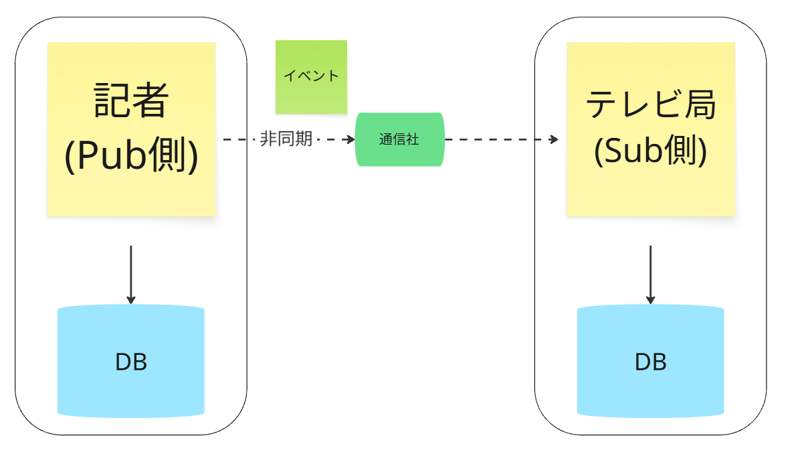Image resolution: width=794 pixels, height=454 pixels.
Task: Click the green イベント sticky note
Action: pos(311,76)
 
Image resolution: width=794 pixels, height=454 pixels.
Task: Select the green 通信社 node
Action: pos(399,139)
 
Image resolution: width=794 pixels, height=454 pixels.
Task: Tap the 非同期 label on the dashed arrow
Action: pos(286,139)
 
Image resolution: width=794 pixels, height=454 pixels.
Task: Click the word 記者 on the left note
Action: pos(131,100)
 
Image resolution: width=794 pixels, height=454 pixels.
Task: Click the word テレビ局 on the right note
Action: pos(650,105)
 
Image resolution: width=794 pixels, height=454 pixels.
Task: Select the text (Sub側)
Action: pos(650,152)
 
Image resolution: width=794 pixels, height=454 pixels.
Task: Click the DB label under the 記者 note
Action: pos(131,362)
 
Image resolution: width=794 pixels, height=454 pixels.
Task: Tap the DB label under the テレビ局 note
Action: pos(650,362)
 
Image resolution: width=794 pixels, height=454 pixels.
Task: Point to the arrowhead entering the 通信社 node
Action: pos(350,139)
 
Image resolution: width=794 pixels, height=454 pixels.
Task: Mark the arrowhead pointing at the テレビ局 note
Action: pos(554,139)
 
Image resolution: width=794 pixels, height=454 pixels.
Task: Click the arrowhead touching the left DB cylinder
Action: pos(131,299)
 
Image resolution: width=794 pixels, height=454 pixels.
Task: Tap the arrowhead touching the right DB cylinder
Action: pos(650,299)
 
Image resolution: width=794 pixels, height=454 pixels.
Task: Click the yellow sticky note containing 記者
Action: pos(131,194)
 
